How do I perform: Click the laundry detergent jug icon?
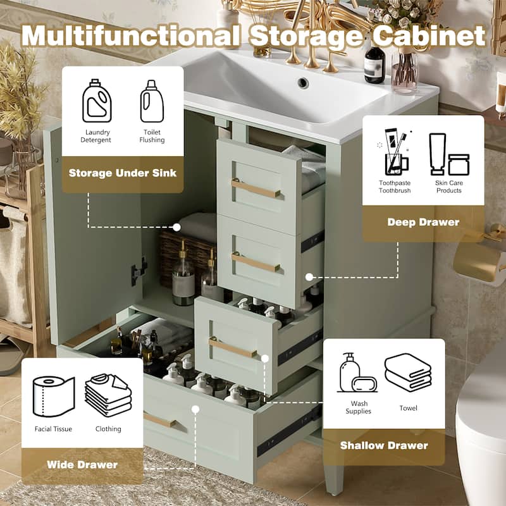pos(96,101)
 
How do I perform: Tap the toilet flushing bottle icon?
pos(152,101)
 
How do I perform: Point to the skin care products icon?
pos(448,154)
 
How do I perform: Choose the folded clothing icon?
pos(108,395)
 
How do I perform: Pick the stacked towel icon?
pos(408,373)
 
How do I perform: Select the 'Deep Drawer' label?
pos(423,222)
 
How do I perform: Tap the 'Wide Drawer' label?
pos(82,465)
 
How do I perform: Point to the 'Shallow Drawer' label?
pos(384,445)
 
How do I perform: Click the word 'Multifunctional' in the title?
pos(130,36)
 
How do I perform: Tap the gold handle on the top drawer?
pos(256,188)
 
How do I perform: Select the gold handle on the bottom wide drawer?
pos(159,419)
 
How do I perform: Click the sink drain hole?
pos(303,82)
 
